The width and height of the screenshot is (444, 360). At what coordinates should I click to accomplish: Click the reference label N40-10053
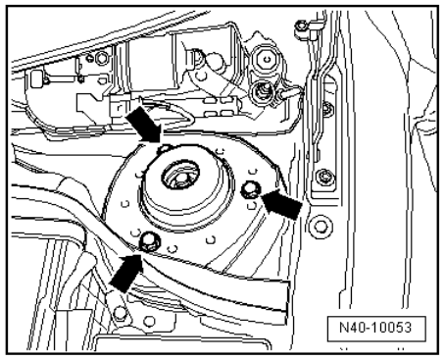click(375, 328)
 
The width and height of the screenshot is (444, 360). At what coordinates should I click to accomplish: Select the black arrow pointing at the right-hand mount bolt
click(282, 203)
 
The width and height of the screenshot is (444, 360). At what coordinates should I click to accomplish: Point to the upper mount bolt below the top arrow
click(164, 149)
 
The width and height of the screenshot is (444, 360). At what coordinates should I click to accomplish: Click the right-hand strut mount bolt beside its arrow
click(251, 190)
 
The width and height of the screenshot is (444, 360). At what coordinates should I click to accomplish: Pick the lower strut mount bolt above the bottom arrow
click(149, 241)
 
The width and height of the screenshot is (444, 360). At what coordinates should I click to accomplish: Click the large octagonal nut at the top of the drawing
click(268, 60)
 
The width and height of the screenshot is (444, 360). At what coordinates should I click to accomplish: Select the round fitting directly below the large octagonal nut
click(262, 91)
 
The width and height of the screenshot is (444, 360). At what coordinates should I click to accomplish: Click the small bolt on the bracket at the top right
click(301, 26)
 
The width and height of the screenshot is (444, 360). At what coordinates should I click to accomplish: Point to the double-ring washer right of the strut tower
click(321, 227)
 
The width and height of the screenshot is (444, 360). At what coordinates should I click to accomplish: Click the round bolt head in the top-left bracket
click(102, 59)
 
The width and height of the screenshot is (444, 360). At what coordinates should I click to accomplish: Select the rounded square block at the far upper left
click(37, 79)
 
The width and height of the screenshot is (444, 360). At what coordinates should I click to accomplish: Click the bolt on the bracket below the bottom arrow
click(120, 313)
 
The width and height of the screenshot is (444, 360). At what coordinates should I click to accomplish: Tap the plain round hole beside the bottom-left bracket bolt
click(149, 321)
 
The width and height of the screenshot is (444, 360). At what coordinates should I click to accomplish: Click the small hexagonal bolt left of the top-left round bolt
click(89, 58)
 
